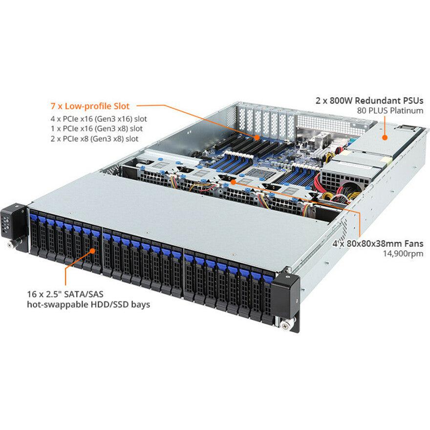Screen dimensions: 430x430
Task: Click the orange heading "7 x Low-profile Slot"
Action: coord(93,106)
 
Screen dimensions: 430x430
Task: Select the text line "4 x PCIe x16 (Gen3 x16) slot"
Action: coord(99,119)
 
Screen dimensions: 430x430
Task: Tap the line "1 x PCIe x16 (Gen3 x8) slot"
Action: coord(97,129)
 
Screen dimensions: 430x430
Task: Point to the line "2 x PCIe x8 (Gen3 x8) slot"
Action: coord(95,139)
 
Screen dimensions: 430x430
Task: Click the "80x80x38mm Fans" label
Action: coord(385,243)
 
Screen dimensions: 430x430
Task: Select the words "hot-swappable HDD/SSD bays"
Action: coord(89,304)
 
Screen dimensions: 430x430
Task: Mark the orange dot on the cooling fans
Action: coord(235,181)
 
